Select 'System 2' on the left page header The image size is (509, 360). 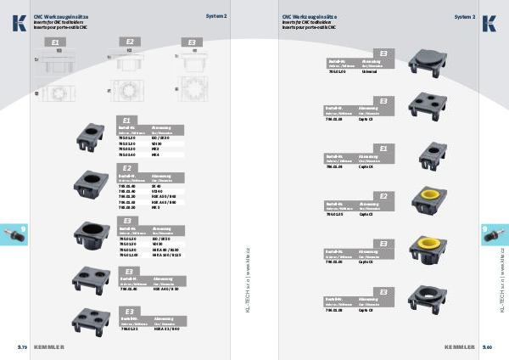[216, 16]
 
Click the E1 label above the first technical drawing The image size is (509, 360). [56, 41]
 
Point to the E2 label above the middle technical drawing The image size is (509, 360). [130, 41]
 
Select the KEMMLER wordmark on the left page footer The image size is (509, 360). [49, 347]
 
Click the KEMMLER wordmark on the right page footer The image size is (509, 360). [459, 347]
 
